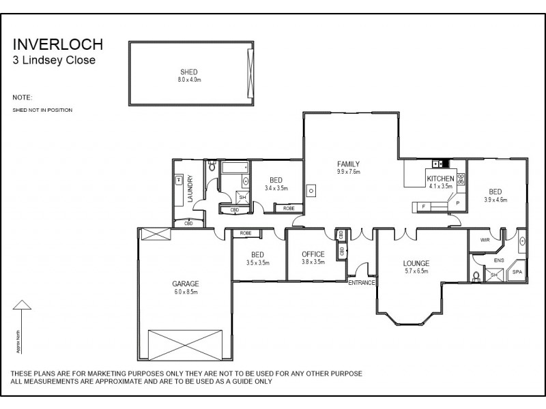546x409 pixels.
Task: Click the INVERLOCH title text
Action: (58, 45)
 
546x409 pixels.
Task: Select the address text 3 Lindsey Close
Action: (54, 60)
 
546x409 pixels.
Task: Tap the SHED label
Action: (189, 72)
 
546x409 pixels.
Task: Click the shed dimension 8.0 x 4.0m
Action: (189, 80)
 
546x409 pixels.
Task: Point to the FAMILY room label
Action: (348, 164)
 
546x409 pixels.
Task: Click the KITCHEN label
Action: (440, 179)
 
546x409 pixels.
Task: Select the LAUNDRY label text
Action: (190, 190)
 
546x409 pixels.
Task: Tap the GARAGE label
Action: (185, 283)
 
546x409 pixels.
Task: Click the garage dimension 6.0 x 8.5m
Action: (185, 291)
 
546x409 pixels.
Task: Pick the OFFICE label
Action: (313, 254)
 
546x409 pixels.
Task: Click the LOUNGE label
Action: (416, 262)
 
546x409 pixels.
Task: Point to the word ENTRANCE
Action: (362, 283)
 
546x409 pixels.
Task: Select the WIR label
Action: (485, 240)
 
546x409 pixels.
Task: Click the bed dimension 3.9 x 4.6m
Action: (495, 200)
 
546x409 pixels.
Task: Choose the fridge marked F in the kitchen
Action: (423, 206)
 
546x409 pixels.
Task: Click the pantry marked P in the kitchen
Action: (457, 203)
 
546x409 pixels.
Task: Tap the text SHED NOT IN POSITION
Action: (42, 110)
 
